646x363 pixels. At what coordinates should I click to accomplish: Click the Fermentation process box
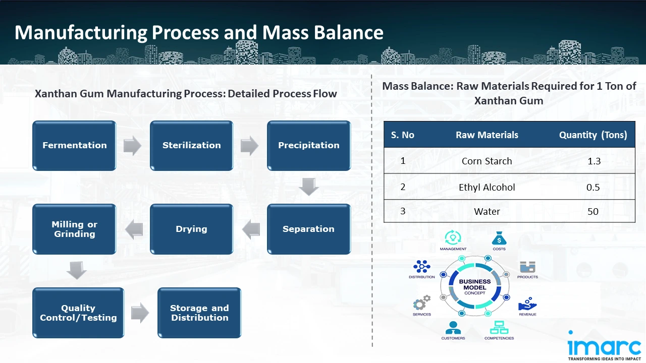74,145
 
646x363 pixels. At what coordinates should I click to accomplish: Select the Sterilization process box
191,145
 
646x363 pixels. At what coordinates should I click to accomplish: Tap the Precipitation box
308,145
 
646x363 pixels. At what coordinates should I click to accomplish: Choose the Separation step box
308,229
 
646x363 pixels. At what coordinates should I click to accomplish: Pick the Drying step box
191,229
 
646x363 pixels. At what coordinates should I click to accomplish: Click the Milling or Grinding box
74,229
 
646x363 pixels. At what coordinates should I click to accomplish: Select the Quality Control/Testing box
78,313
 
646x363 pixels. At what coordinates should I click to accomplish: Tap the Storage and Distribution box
199,313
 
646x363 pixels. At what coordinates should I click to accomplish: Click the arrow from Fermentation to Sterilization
132,146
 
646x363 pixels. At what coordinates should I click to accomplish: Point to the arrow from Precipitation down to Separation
308,187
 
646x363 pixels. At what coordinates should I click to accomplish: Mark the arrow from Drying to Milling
134,229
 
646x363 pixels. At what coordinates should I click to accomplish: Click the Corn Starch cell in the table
487,161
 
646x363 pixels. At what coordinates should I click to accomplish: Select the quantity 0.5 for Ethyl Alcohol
593,188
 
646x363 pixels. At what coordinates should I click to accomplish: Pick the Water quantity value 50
593,212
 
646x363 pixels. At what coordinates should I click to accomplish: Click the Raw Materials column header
487,135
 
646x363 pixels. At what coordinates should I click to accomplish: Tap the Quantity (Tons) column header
593,135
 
